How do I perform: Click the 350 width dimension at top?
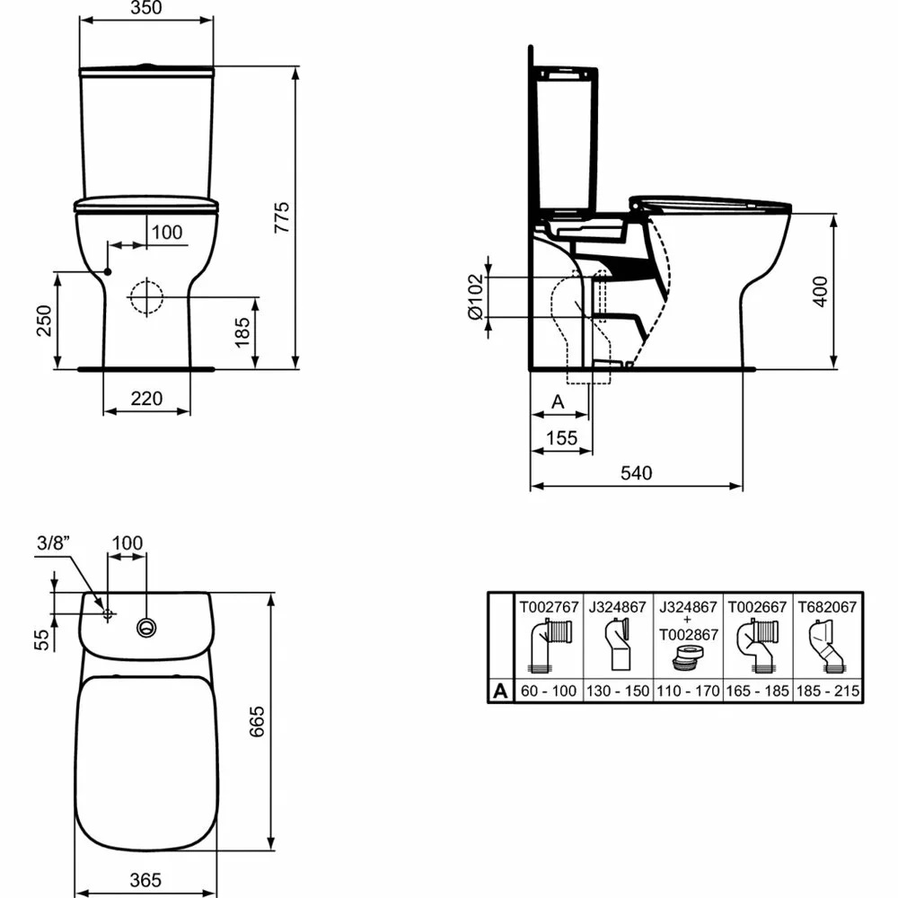[x=147, y=10]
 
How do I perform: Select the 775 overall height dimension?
[x=281, y=217]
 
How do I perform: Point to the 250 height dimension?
[x=43, y=320]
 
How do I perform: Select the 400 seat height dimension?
[x=820, y=290]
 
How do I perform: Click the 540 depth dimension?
[x=637, y=472]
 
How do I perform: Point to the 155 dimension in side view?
[x=561, y=437]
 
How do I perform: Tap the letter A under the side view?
[x=557, y=403]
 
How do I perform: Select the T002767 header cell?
[x=548, y=607]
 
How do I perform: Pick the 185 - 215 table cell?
[x=827, y=692]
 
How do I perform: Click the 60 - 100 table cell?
[x=548, y=692]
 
